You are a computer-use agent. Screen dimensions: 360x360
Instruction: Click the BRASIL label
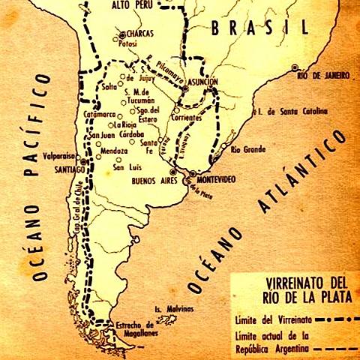point(259,28)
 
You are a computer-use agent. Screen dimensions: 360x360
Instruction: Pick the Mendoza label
point(109,151)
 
